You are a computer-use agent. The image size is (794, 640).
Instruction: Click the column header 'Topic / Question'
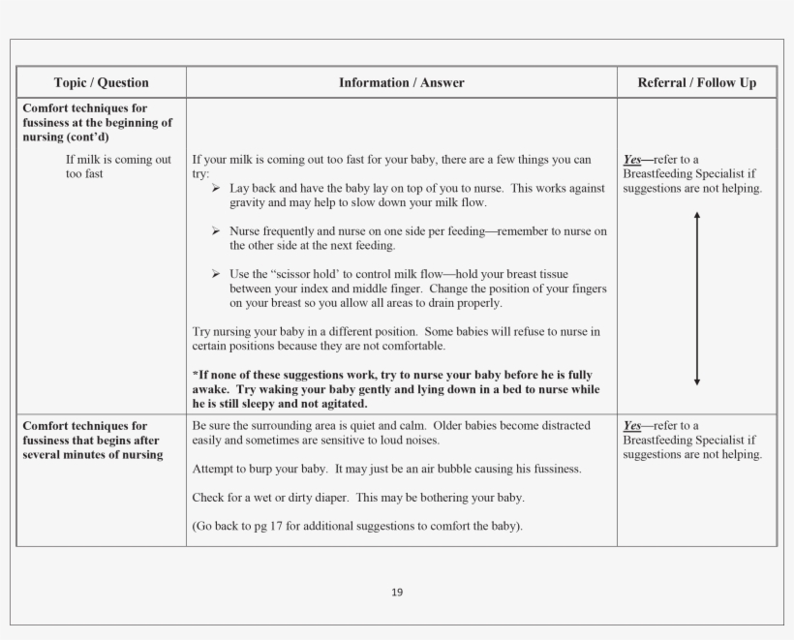click(101, 83)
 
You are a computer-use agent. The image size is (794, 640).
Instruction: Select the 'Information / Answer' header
click(401, 83)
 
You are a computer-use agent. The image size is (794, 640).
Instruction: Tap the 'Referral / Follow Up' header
click(697, 83)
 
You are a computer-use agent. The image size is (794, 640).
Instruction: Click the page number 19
click(397, 593)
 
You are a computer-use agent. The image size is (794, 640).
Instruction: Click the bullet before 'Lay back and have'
click(216, 188)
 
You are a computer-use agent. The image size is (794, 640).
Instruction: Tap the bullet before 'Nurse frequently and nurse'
click(216, 231)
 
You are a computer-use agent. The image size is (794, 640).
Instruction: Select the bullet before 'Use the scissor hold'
click(216, 274)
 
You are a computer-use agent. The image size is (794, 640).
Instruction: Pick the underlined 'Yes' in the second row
click(632, 426)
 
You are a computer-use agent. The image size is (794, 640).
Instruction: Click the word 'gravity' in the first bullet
click(248, 203)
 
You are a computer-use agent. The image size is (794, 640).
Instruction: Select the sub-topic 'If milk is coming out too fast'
click(118, 167)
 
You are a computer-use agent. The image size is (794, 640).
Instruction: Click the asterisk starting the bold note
click(196, 375)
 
